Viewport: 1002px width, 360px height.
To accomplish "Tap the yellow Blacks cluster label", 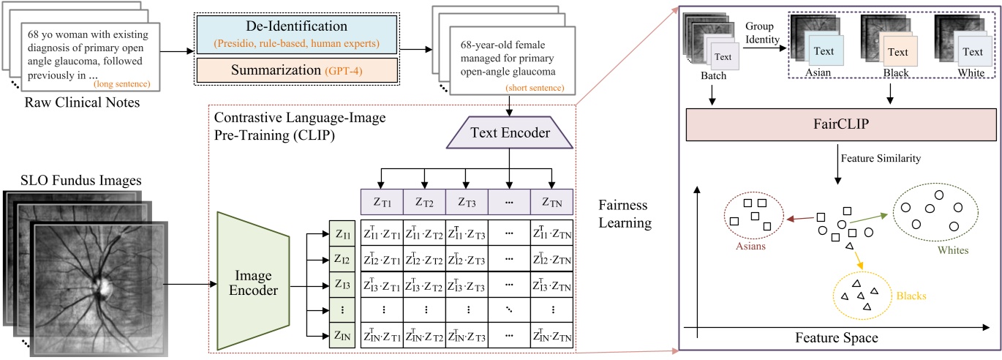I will pyautogui.click(x=903, y=299).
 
